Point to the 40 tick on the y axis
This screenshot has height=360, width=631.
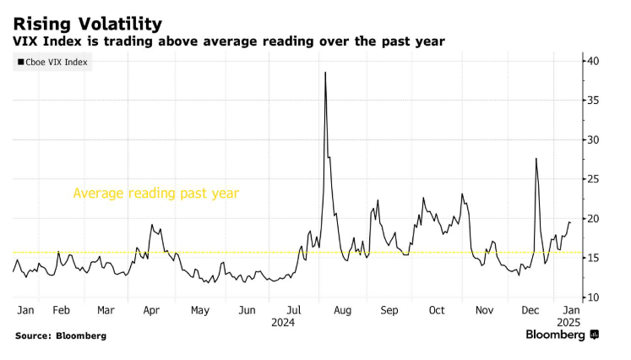click(595, 61)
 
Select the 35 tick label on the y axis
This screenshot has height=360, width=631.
click(595, 101)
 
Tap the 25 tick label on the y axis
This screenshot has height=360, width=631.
click(595, 179)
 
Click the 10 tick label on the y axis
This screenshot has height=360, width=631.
click(595, 297)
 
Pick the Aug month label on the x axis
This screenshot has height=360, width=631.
click(342, 310)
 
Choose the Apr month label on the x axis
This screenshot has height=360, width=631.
click(151, 310)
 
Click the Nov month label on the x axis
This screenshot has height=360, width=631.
click(485, 310)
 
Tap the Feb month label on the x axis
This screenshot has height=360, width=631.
click(62, 310)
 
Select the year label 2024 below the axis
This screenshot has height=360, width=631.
click(283, 322)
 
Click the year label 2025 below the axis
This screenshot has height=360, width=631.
click(568, 322)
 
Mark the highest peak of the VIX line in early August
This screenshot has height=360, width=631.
click(325, 73)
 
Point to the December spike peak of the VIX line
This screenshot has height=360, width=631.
click(536, 159)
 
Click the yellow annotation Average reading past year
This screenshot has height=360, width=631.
click(156, 193)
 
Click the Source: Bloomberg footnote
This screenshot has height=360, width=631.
click(61, 335)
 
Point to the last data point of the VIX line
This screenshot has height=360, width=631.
click(570, 222)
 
